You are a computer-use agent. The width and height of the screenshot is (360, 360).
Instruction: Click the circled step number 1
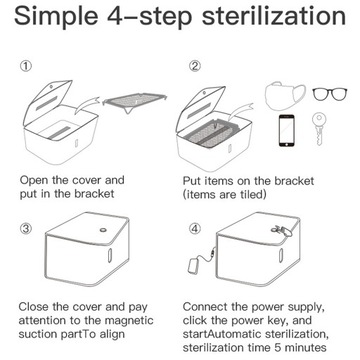26,66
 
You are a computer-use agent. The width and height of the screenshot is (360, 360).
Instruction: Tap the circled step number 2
195,66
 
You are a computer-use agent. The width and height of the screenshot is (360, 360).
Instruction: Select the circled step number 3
26,229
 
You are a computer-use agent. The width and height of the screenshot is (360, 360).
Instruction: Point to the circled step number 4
195,229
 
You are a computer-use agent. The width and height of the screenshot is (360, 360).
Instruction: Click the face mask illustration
285,95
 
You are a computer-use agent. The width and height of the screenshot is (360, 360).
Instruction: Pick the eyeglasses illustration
330,94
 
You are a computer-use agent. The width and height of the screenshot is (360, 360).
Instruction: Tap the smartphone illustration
286,131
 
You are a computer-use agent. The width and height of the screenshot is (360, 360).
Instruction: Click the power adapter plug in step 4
194,266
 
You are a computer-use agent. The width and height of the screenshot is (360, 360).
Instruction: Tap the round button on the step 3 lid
103,229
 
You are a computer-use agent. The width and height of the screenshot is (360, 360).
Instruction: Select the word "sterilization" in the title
274,16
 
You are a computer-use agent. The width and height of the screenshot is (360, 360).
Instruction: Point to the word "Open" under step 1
34,181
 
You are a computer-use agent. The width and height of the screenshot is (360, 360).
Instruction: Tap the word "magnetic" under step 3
129,320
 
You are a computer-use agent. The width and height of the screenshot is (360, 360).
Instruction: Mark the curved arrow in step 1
86,103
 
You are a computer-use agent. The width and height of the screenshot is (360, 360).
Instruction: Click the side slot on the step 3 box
110,255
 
